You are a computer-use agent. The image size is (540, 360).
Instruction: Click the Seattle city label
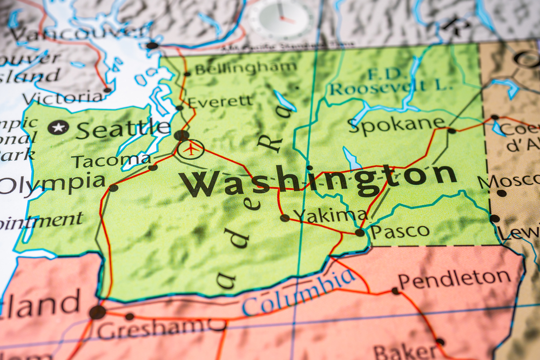(x=123, y=130)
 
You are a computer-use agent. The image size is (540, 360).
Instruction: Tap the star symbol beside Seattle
(x=58, y=127)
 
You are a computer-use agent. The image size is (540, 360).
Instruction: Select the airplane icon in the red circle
(x=191, y=148)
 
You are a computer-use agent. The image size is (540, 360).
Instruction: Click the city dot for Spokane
(x=451, y=130)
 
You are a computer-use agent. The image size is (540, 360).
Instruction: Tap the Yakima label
(x=330, y=215)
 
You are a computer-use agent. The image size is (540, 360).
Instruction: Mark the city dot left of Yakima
(x=285, y=218)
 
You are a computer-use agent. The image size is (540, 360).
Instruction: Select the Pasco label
(x=400, y=232)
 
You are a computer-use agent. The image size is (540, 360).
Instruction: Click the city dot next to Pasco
(x=360, y=233)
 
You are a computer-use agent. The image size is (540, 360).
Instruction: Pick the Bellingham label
(x=245, y=69)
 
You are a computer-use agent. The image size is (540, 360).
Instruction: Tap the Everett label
(x=220, y=101)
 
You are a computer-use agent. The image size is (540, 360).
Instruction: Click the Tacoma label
(x=111, y=161)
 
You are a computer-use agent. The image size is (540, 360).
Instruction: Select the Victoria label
(x=63, y=98)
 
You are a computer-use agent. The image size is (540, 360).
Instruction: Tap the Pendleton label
(x=454, y=279)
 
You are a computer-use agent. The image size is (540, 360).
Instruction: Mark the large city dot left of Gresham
(x=97, y=312)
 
